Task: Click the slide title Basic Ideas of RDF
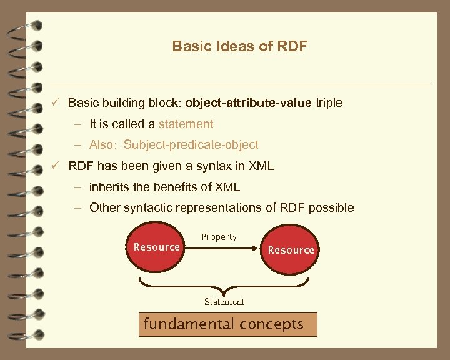click(x=240, y=46)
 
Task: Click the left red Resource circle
click(x=157, y=247)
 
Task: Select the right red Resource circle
click(x=291, y=250)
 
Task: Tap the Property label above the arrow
click(x=219, y=237)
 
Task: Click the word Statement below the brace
click(x=224, y=302)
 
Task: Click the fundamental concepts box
click(x=224, y=325)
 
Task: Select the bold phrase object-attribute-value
click(x=248, y=102)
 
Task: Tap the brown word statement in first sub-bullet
click(x=186, y=124)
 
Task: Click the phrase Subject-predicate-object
click(x=191, y=144)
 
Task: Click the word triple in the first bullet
click(x=329, y=102)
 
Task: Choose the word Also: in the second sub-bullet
click(x=104, y=144)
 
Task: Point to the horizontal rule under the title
click(x=240, y=84)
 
